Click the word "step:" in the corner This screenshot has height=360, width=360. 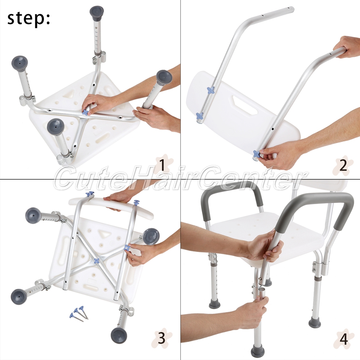tap(28, 18)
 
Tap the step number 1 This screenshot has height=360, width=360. tap(162, 165)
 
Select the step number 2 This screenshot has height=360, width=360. tap(343, 165)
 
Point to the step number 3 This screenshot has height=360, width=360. tap(162, 338)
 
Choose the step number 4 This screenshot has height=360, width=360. tap(343, 339)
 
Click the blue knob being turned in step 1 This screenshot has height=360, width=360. tap(86, 112)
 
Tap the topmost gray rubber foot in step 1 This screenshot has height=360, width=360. tap(97, 13)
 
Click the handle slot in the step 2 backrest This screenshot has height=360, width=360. tap(245, 105)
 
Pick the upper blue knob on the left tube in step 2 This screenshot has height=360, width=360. tap(211, 90)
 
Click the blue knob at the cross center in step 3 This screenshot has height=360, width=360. tap(96, 261)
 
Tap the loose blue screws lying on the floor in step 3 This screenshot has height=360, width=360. tap(79, 313)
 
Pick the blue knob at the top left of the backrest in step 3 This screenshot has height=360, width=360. tap(90, 194)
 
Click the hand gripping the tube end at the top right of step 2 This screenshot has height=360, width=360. tap(347, 48)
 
